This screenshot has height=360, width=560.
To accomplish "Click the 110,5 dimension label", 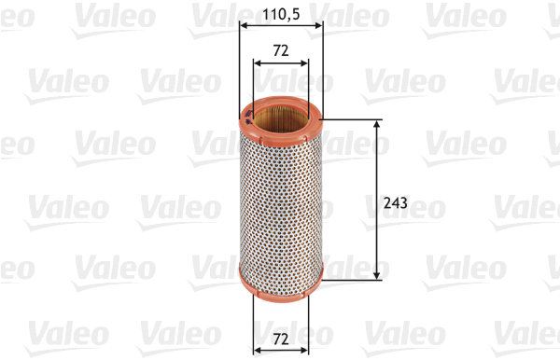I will pos(281,16).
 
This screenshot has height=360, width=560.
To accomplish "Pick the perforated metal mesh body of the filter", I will pos(281,196).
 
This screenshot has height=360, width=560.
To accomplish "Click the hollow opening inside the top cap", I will pos(281,118).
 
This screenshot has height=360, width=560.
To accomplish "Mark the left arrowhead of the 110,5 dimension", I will pos(243,28).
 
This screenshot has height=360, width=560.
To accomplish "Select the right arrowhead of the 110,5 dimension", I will pos(319,28).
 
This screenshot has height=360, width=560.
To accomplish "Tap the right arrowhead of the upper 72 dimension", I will pos(303,63).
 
